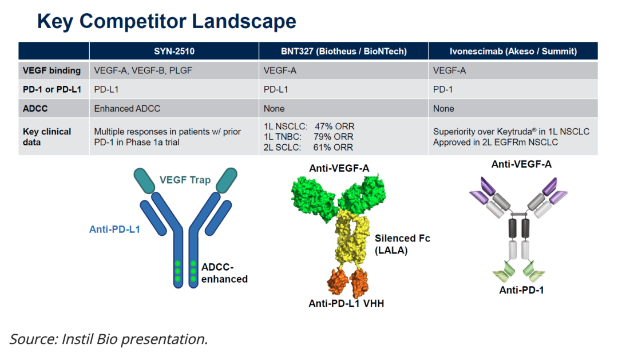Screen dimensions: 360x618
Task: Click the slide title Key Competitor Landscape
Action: point(167,21)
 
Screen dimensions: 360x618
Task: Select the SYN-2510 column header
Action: point(174,52)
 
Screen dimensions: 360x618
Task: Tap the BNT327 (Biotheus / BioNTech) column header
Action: point(344,52)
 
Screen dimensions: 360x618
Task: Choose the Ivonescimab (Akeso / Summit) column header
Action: point(513,52)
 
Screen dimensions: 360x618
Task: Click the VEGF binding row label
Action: point(51,71)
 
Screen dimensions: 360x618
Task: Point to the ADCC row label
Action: point(35,108)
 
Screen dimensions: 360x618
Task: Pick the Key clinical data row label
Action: point(47,137)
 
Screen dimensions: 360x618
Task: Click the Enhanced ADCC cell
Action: point(127,108)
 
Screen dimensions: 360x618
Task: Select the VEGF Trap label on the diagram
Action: point(185,180)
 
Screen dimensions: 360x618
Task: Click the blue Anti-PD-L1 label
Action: point(114,230)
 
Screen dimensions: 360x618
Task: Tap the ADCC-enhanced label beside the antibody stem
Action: point(224,274)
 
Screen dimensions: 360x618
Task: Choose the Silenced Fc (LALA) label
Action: point(402,244)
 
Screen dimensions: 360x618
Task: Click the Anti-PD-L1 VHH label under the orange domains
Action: point(346,303)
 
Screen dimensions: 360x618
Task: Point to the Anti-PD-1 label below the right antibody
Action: point(521,290)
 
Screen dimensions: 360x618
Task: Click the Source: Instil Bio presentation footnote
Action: point(109,339)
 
